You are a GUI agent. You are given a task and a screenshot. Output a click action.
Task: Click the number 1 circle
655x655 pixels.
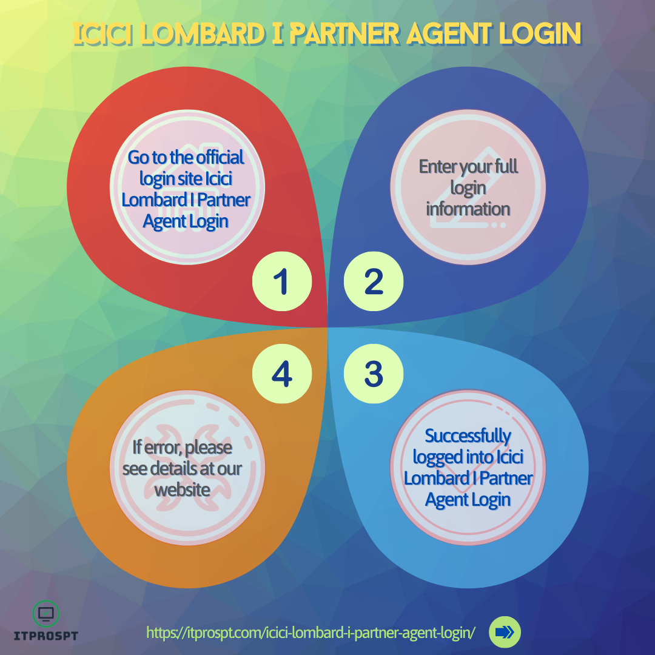[x=282, y=281]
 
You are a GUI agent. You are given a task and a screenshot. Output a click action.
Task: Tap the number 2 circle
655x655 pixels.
[x=374, y=281]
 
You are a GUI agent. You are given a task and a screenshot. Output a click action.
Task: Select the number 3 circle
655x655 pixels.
[x=374, y=374]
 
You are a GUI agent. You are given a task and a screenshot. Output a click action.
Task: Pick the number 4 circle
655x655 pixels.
[x=282, y=374]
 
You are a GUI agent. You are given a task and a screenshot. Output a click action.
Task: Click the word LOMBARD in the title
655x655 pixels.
[x=202, y=33]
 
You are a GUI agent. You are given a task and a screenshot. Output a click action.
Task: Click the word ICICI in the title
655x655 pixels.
[x=102, y=33]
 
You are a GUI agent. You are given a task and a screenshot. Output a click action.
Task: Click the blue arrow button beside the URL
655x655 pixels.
[x=505, y=632]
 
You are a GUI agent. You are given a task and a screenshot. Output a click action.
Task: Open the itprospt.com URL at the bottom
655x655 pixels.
[x=311, y=633]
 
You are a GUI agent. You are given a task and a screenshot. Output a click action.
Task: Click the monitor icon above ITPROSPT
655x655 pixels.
[x=46, y=614]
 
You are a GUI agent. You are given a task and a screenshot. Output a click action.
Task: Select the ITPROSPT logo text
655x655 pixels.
[x=46, y=636]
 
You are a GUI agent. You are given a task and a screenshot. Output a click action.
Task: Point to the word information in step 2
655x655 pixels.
[x=468, y=209]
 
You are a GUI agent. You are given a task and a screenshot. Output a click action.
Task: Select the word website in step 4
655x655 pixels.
[x=182, y=490]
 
